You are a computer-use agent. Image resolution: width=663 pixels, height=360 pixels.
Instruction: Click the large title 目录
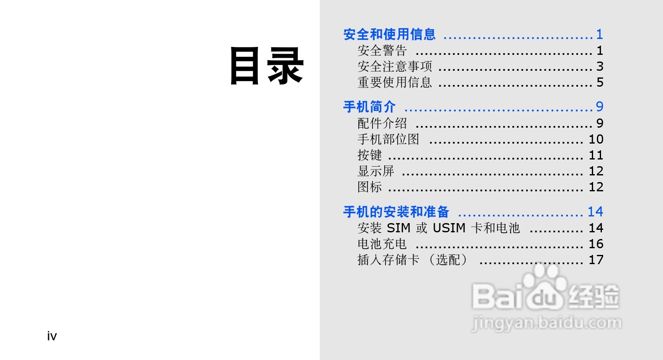[267, 66]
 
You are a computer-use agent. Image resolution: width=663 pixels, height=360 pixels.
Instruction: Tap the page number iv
[52, 336]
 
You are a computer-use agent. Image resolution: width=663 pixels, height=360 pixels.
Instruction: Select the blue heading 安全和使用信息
[389, 34]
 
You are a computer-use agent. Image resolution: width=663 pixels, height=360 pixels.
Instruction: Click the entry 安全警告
[382, 51]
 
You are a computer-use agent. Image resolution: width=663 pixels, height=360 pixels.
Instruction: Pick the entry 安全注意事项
[394, 67]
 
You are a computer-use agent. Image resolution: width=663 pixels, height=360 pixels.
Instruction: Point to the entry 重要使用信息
[394, 82]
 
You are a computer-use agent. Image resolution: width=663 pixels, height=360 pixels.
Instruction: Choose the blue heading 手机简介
[369, 107]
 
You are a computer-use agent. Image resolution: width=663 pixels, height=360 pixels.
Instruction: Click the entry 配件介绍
[382, 123]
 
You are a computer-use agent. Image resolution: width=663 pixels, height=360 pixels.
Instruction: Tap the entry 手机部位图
[388, 139]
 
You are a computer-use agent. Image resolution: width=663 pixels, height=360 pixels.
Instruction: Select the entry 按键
[369, 155]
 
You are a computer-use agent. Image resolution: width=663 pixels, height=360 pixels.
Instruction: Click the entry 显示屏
[375, 171]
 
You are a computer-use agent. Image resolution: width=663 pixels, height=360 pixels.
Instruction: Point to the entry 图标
[369, 187]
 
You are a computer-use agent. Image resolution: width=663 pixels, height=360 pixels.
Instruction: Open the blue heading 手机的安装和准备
[396, 212]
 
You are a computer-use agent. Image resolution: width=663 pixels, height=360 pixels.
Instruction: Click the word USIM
[449, 228]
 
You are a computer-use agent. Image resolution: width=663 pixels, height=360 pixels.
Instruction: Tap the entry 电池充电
[382, 244]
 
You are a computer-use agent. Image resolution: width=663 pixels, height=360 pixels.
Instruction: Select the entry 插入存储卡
[388, 260]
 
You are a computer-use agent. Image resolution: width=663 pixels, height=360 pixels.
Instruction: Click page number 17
[596, 260]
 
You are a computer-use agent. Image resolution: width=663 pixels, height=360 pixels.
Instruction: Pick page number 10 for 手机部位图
[596, 139]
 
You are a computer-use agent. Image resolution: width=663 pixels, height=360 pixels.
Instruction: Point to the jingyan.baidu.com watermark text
[547, 323]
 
